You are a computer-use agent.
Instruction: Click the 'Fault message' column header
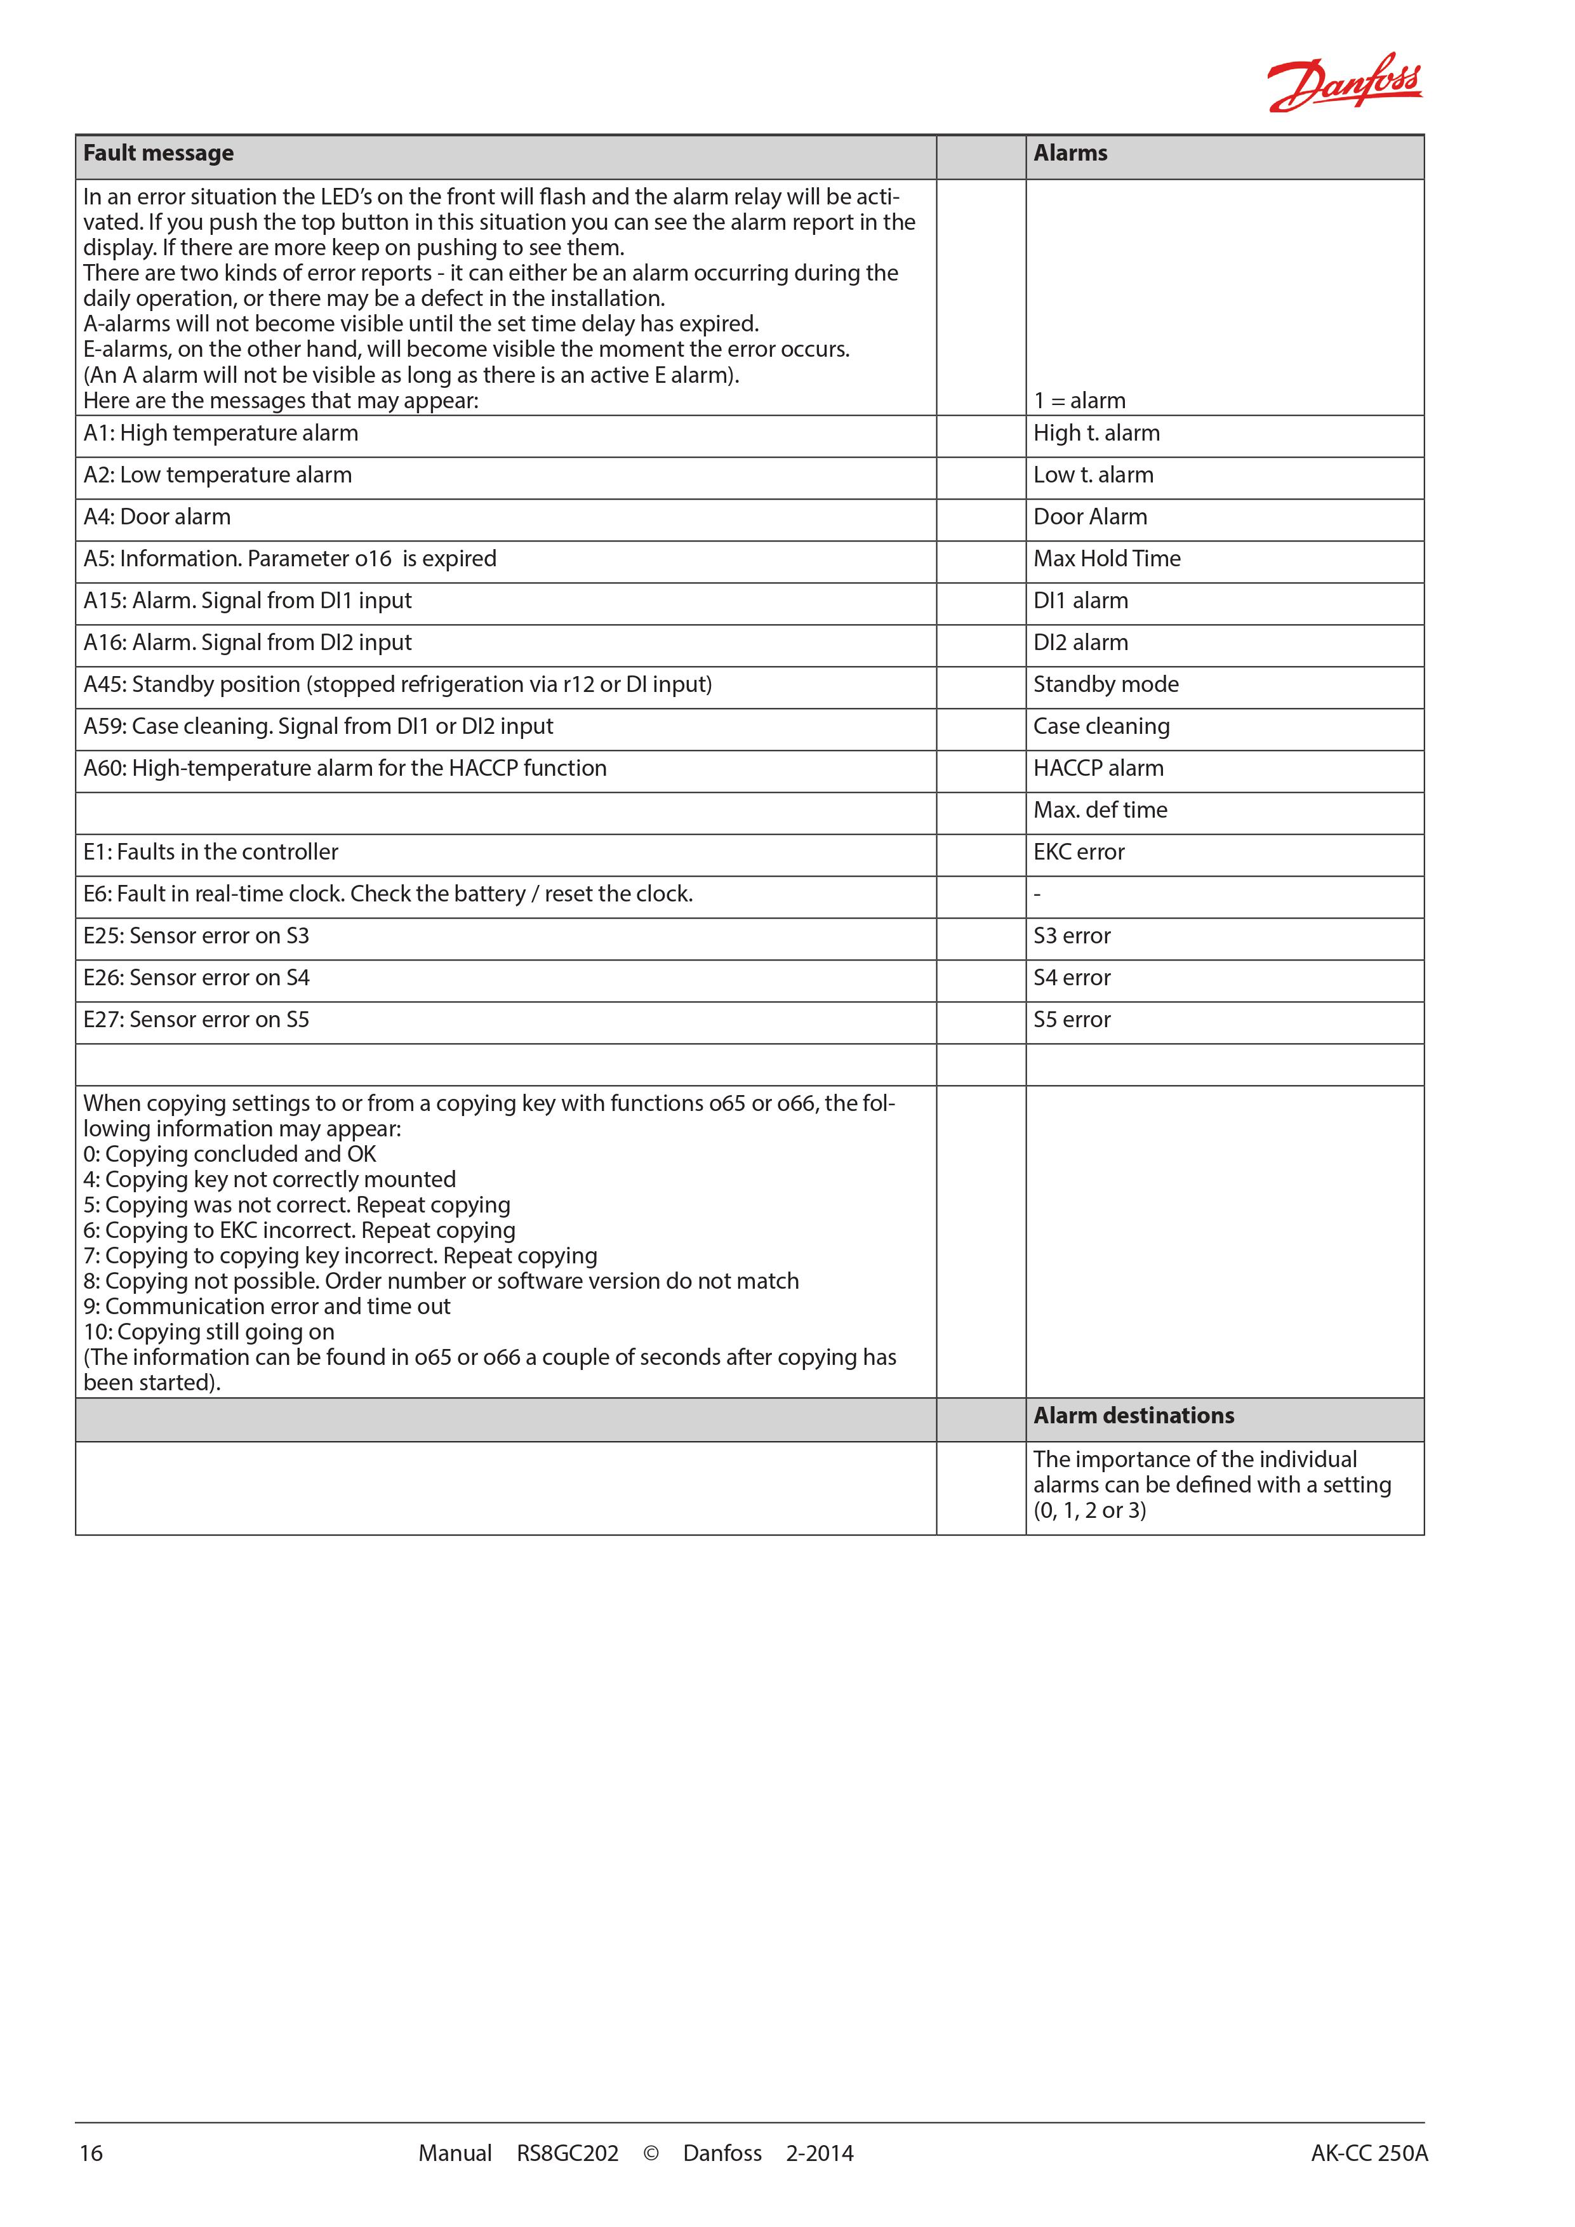159,153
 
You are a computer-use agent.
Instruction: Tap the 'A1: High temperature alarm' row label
221,434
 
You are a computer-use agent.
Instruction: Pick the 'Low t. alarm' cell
1093,475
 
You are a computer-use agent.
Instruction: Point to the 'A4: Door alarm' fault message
157,517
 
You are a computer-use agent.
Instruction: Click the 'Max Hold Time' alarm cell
1106,559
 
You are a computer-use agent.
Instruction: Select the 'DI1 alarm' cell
1080,601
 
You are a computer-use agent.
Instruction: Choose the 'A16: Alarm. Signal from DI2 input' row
248,642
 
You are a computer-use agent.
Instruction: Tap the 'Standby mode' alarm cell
1106,685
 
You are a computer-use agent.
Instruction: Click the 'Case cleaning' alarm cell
1101,726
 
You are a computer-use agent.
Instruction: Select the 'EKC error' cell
1079,851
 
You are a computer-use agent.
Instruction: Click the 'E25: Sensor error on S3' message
196,936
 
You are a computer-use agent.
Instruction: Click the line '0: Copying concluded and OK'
230,1154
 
